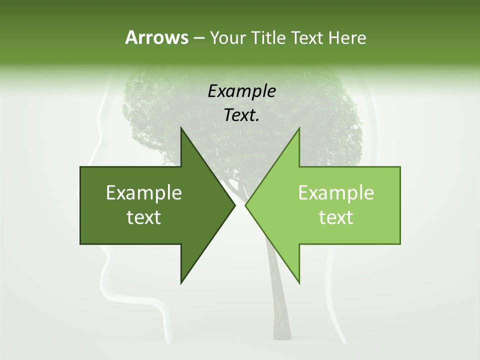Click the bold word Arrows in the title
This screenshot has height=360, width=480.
pyautogui.click(x=156, y=37)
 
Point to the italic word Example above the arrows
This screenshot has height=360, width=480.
pyautogui.click(x=241, y=91)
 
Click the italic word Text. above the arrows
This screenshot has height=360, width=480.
pyautogui.click(x=241, y=115)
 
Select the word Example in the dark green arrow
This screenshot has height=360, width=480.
pyautogui.click(x=144, y=192)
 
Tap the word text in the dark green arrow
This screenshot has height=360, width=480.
pyautogui.click(x=144, y=217)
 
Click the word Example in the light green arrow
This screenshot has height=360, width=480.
pyautogui.click(x=336, y=192)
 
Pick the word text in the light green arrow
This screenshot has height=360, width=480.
pyautogui.click(x=336, y=217)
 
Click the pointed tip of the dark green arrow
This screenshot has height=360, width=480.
pyautogui.click(x=235, y=205)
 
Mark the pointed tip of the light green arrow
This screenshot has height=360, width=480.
pyautogui.click(x=245, y=205)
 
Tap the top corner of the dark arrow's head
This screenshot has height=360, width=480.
pyautogui.click(x=181, y=128)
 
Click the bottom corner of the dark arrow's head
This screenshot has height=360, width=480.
pyautogui.click(x=181, y=282)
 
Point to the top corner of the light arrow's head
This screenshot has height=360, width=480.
pyautogui.click(x=299, y=128)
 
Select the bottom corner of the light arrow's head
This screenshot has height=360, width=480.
pyautogui.click(x=299, y=282)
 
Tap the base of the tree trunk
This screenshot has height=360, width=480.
pyautogui.click(x=281, y=337)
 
